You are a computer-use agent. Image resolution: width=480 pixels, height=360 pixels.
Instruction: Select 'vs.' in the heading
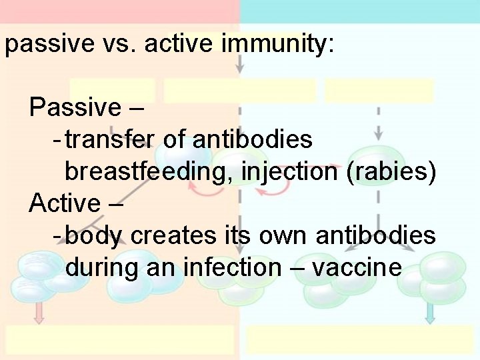121,45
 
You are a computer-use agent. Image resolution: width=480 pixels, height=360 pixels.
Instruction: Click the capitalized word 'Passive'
75,107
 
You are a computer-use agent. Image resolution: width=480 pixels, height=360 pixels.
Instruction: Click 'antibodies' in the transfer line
253,140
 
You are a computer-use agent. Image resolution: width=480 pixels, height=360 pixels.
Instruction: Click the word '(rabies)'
392,172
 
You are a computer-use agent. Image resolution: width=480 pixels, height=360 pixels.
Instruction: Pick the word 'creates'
173,236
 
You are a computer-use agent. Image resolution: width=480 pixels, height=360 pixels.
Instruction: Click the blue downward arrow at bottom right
430,313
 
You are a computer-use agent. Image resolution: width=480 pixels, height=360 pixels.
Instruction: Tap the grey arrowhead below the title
240,67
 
